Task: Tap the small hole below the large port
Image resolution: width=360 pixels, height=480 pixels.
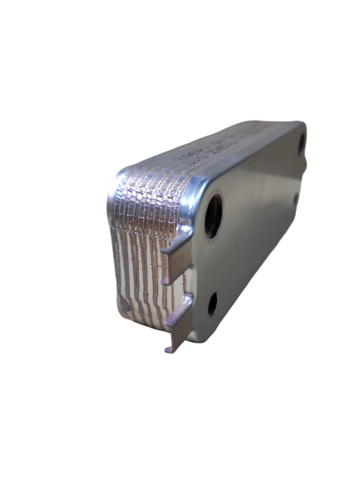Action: tap(212, 304)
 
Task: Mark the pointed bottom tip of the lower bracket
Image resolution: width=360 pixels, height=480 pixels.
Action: tap(169, 350)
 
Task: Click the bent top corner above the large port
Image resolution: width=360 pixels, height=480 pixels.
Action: tap(200, 188)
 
